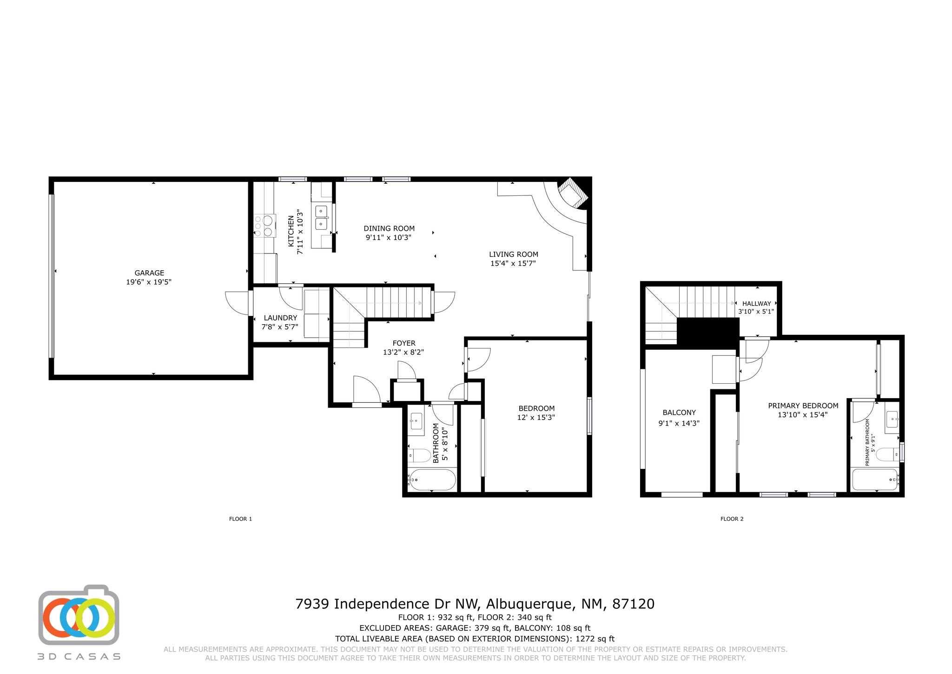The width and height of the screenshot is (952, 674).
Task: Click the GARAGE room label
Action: [x=149, y=273]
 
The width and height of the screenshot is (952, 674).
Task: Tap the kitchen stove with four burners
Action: [x=264, y=225]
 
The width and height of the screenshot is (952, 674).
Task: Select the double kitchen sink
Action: [x=322, y=218]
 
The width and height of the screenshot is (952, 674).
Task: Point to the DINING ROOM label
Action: [x=389, y=228]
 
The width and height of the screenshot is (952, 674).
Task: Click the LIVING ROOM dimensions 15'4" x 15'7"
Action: [x=513, y=263]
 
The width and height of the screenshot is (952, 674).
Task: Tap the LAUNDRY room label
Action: [x=280, y=318]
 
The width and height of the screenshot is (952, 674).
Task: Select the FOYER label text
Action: [x=403, y=343]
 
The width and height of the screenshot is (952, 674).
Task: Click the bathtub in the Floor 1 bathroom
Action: [x=432, y=479]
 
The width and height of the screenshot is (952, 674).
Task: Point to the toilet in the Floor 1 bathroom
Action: [x=420, y=455]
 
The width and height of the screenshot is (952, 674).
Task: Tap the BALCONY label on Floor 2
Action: [x=679, y=413]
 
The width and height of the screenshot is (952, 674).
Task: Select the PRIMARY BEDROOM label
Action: [x=803, y=406]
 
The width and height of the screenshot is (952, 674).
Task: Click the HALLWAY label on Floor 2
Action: [x=756, y=303]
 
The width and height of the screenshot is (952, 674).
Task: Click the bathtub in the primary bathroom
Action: [x=874, y=479]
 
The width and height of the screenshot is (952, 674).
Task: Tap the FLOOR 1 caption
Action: [x=240, y=519]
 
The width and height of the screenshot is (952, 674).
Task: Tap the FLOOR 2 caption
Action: [x=732, y=519]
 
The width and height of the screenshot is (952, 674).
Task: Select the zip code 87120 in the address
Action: [x=633, y=604]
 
